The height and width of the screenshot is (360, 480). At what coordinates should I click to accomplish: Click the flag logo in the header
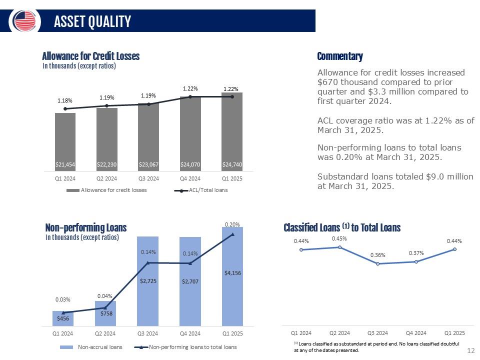click(24, 21)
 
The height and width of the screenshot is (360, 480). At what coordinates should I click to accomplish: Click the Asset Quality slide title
click(92, 21)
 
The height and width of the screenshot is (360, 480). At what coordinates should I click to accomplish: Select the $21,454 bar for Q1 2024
click(65, 141)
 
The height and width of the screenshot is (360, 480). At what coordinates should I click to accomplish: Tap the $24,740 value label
click(232, 164)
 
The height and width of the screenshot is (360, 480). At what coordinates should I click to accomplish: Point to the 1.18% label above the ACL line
click(65, 100)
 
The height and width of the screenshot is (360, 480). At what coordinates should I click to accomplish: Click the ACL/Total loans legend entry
click(201, 190)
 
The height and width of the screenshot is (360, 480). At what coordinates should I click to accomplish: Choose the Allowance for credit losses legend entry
click(106, 190)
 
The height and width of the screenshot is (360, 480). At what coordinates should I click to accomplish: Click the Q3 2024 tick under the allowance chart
click(148, 178)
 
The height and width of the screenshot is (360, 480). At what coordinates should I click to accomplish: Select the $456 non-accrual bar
click(63, 318)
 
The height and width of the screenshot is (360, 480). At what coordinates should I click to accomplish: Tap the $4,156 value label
click(232, 273)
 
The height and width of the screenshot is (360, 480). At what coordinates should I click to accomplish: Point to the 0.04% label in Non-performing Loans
click(104, 296)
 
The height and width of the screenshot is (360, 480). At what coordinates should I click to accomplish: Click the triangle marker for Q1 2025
click(232, 234)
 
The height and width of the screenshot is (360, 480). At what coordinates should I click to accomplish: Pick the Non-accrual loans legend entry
click(91, 347)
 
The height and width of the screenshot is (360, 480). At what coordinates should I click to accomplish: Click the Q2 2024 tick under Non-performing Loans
click(105, 333)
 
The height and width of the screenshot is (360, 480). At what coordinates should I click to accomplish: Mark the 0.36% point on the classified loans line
click(378, 263)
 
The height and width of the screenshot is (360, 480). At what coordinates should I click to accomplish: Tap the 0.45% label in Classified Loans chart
click(339, 238)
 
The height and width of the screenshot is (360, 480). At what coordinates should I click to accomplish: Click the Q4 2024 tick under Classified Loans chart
click(416, 333)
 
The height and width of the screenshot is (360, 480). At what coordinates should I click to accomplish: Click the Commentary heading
click(340, 56)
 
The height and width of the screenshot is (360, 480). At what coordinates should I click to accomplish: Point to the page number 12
click(471, 350)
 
